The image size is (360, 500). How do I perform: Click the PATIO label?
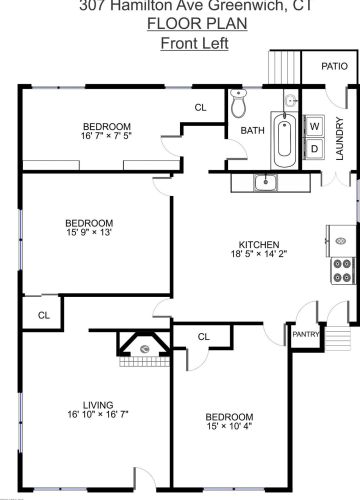334,66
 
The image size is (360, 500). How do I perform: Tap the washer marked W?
314,127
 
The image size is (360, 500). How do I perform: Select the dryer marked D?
314,149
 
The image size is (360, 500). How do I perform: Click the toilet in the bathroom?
239,103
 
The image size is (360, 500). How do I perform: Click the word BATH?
251,130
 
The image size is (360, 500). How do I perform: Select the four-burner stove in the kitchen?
342,268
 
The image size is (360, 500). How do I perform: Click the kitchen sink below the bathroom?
265,182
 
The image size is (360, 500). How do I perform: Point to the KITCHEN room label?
257,244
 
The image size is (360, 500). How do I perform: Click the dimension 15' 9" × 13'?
89,233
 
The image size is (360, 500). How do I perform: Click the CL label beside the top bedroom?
200,108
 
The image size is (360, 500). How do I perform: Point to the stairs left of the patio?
283,67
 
